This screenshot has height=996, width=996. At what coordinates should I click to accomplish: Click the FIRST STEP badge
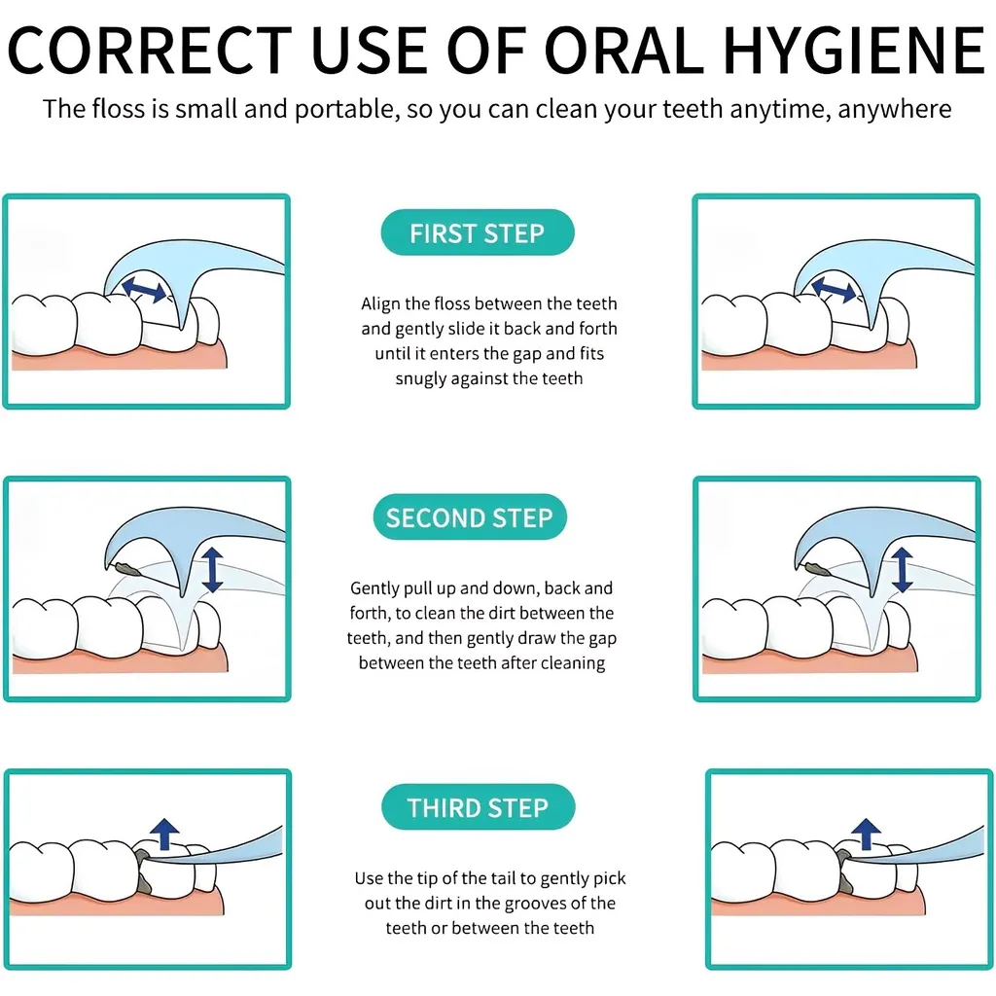(x=478, y=232)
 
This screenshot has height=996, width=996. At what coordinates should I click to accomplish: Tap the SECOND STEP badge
(x=470, y=517)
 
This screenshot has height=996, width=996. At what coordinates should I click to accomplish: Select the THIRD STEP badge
(x=478, y=806)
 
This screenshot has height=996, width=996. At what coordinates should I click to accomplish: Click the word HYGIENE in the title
(x=854, y=51)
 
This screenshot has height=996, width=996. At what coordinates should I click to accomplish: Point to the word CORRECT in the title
(x=149, y=51)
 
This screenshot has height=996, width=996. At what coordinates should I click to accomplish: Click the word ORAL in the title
(x=624, y=51)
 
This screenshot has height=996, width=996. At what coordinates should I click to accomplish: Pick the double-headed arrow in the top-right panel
(x=834, y=289)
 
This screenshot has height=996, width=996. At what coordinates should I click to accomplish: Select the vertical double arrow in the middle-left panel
(x=212, y=570)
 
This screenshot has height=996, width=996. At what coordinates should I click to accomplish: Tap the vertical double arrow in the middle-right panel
(x=902, y=570)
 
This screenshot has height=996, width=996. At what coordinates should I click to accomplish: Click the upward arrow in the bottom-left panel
(x=165, y=834)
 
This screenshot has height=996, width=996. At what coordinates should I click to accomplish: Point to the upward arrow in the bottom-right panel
(x=866, y=834)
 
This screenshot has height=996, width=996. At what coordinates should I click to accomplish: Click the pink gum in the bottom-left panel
(x=115, y=902)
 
